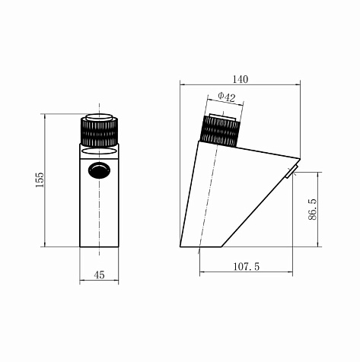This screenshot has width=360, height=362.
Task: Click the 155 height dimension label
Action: [40, 180]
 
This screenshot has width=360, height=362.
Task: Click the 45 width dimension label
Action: [99, 275]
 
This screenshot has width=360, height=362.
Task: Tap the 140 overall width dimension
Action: [241, 79]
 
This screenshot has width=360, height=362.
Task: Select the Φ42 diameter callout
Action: [227, 97]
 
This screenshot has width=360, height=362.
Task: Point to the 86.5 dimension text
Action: [313, 209]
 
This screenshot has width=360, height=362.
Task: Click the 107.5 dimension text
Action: [247, 266]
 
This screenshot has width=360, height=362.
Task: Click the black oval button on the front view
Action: [100, 170]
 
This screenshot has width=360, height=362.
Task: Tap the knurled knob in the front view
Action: [99, 132]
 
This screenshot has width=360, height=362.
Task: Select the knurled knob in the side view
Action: [220, 132]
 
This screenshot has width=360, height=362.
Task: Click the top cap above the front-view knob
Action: [99, 117]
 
